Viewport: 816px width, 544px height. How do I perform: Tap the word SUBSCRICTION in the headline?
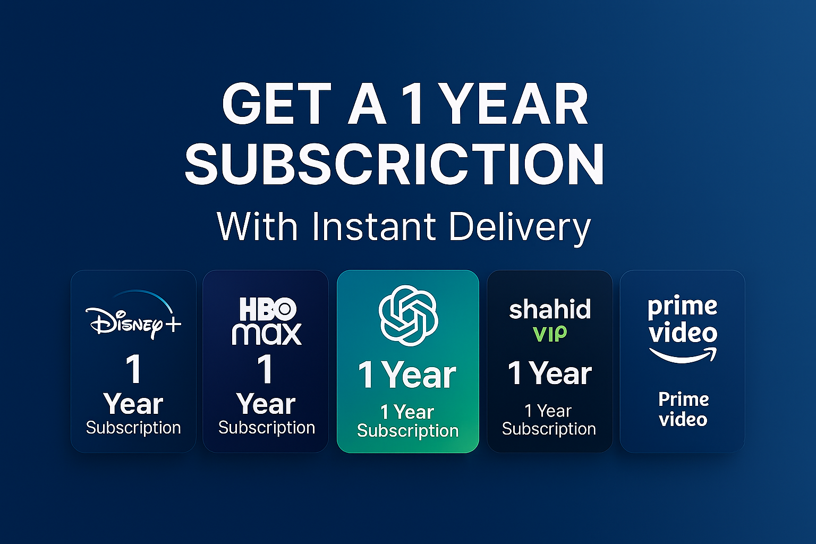[395, 164]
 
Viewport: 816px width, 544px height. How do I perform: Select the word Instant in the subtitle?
[374, 226]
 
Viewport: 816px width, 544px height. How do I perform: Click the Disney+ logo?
[133, 316]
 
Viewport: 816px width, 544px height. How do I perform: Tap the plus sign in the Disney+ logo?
[173, 324]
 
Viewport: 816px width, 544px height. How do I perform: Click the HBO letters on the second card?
[268, 309]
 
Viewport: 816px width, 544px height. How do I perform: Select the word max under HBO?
[267, 334]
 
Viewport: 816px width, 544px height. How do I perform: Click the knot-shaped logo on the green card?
[409, 316]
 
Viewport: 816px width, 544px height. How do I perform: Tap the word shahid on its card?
[550, 309]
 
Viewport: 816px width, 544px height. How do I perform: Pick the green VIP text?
[550, 334]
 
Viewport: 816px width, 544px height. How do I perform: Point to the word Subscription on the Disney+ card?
[133, 428]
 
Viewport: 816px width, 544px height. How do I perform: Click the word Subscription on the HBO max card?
[267, 428]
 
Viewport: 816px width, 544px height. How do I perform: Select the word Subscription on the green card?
[408, 431]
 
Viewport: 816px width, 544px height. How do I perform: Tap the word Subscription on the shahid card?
[549, 429]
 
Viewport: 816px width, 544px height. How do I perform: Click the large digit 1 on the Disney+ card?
[134, 369]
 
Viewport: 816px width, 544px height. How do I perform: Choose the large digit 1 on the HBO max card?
[265, 369]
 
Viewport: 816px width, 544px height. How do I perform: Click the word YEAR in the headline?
[516, 104]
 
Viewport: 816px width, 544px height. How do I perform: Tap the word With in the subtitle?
[257, 226]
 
